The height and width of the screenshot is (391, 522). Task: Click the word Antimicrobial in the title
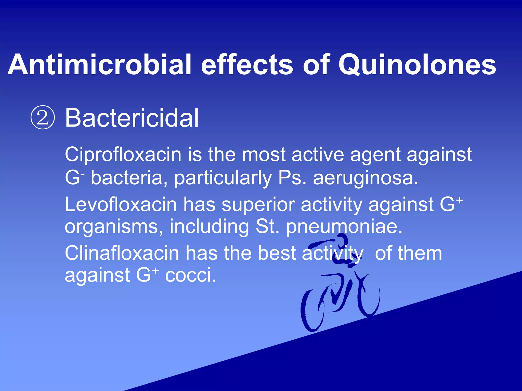point(99,65)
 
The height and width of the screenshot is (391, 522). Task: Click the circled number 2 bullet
point(43,118)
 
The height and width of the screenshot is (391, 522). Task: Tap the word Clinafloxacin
point(122,253)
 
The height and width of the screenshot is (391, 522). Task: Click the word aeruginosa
point(366,178)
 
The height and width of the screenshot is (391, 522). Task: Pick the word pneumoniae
point(344,226)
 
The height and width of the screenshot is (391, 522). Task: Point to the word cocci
point(190,275)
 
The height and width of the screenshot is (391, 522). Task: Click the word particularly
point(223,178)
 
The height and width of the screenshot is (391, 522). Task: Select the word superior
point(258,204)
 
